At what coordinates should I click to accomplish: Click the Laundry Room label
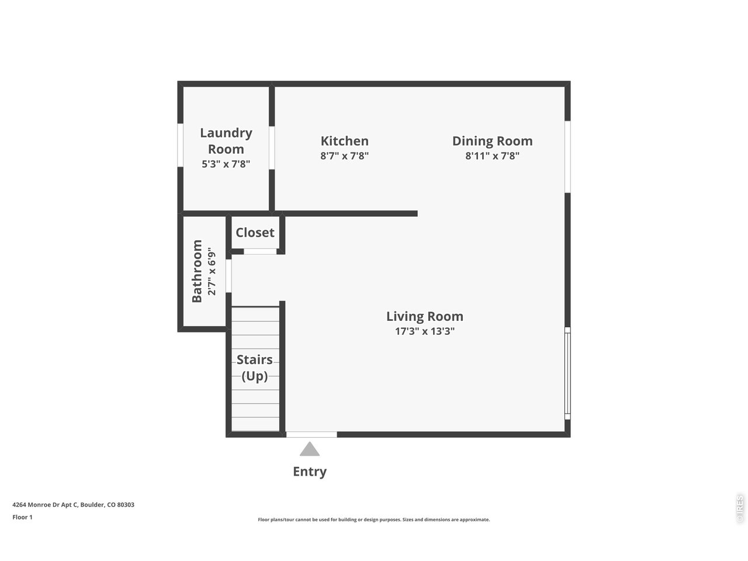click(226, 141)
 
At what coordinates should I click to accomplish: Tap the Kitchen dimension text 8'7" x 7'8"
click(344, 156)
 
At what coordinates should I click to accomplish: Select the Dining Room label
click(492, 141)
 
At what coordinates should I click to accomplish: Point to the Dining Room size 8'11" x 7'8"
click(492, 156)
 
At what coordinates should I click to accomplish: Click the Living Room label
click(424, 316)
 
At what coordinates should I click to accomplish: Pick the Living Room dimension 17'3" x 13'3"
click(424, 331)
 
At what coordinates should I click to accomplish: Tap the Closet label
click(255, 233)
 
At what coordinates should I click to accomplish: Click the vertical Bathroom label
click(197, 271)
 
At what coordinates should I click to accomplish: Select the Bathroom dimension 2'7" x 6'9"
click(212, 272)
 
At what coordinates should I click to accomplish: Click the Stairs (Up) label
click(255, 368)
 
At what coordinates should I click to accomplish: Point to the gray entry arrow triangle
click(310, 449)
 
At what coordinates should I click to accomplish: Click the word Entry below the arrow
click(310, 472)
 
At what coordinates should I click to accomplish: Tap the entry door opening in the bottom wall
click(311, 434)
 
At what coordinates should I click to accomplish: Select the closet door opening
click(260, 251)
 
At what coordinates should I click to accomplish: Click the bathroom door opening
click(229, 276)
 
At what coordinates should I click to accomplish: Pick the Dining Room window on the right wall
click(567, 157)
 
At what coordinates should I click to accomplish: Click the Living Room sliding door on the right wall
click(567, 373)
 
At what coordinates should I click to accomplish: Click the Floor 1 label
click(22, 517)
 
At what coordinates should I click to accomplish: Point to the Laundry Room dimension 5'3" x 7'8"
click(226, 164)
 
